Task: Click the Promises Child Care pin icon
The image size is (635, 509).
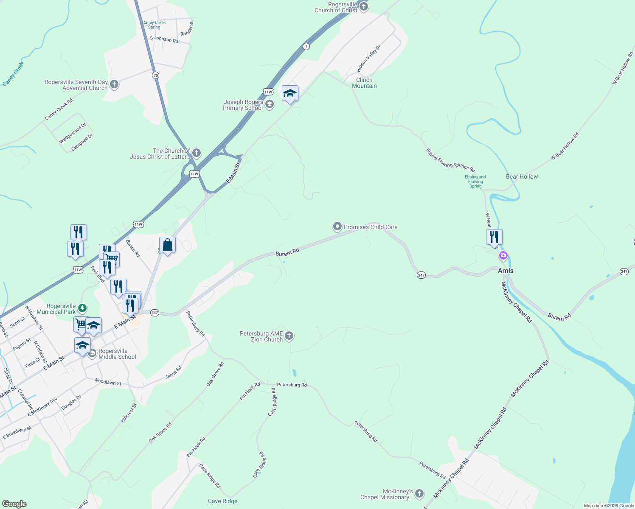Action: [x=337, y=227]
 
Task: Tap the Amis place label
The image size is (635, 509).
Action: [x=506, y=271]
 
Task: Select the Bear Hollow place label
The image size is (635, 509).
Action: [x=522, y=176]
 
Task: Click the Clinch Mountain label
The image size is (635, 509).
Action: [x=364, y=83]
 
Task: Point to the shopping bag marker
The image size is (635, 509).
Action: [x=167, y=245]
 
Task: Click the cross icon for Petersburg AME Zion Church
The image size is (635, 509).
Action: [x=289, y=336]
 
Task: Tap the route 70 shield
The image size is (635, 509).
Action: [x=155, y=76]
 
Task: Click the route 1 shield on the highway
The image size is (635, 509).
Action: [x=306, y=46]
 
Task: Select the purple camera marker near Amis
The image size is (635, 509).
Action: [x=503, y=256]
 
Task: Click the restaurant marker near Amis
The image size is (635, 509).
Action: [x=494, y=237]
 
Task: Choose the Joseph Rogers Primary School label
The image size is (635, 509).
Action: [x=243, y=105]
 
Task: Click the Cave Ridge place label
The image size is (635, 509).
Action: [x=222, y=501]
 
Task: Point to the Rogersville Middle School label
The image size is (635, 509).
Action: [x=117, y=354]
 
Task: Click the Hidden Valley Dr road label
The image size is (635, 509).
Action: [x=368, y=58]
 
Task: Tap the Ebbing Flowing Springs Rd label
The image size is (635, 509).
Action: [x=451, y=160]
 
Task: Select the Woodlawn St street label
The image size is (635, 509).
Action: [x=107, y=382]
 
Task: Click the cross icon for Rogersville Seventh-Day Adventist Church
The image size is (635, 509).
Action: [x=114, y=84]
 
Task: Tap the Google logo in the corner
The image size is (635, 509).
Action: [x=14, y=504]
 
